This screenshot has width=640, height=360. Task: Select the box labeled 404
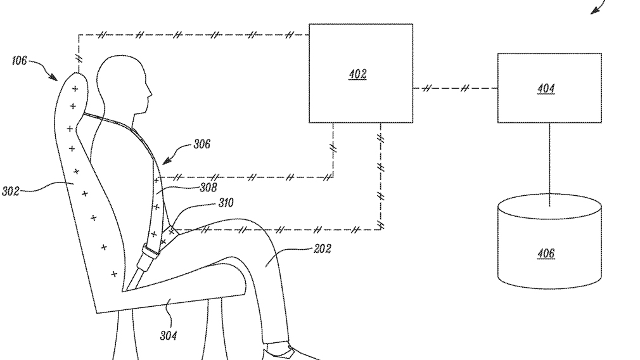tap(549, 88)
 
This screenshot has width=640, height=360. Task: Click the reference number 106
tap(19, 61)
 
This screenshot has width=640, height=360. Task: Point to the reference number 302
tap(10, 190)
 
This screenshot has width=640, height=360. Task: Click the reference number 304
tap(168, 335)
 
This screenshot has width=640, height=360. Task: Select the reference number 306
tap(202, 145)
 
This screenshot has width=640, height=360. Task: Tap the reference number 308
tap(208, 187)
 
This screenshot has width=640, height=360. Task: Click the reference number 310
tap(226, 203)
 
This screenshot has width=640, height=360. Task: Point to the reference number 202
tap(322, 248)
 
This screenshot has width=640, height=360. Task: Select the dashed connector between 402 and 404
tap(455, 88)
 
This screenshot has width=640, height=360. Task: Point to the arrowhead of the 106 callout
tap(55, 79)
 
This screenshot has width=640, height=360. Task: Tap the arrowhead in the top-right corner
tap(594, 11)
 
